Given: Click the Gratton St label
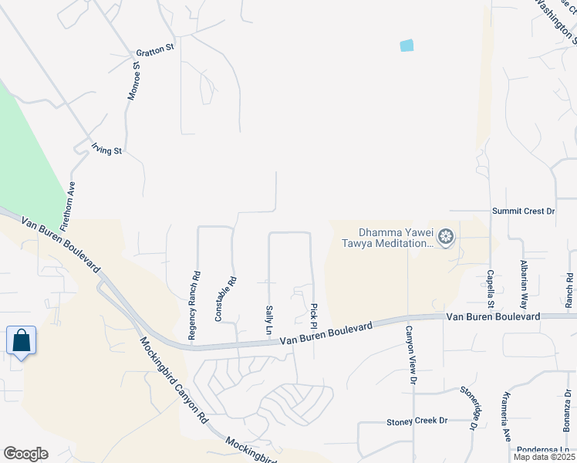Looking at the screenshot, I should click(155, 50).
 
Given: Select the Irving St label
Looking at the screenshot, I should click(107, 150).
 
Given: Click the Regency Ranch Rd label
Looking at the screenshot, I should click(196, 306).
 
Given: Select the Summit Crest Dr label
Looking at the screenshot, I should click(524, 211).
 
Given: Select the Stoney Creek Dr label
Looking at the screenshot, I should click(417, 421).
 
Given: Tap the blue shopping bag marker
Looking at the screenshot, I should click(21, 340).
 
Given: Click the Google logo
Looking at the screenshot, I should click(25, 453).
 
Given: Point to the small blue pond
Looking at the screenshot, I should click(407, 46).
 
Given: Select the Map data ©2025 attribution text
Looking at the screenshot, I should click(544, 457).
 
